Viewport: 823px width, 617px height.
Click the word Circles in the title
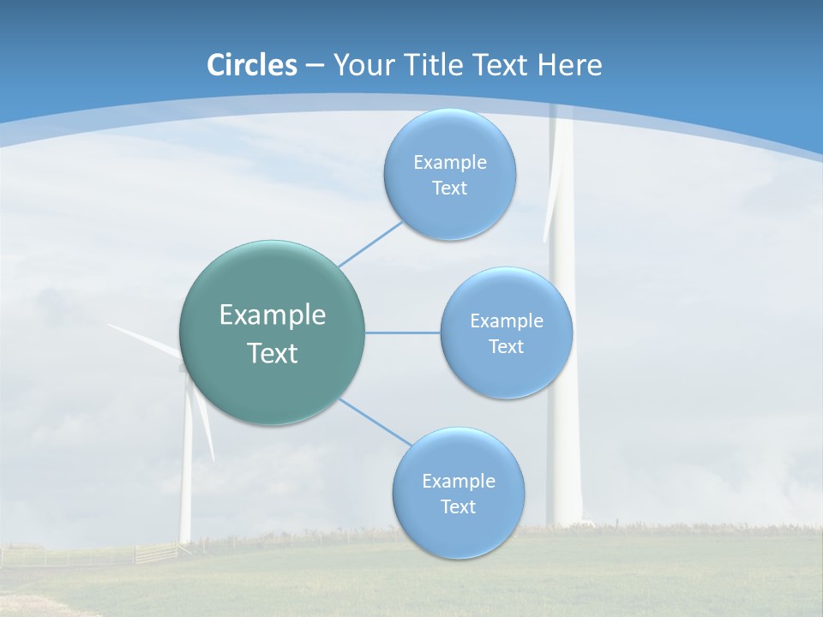(251, 65)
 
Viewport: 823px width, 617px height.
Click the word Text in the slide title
(503, 65)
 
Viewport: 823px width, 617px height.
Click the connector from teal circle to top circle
(370, 243)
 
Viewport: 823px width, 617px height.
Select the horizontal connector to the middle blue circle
(402, 332)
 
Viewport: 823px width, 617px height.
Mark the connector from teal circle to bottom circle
(375, 421)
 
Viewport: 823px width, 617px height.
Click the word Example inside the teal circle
(272, 315)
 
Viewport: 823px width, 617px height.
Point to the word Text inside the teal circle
(272, 353)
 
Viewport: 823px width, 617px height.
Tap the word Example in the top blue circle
(449, 163)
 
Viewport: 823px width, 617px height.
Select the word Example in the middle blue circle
(506, 321)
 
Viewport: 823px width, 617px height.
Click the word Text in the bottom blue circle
(458, 507)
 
